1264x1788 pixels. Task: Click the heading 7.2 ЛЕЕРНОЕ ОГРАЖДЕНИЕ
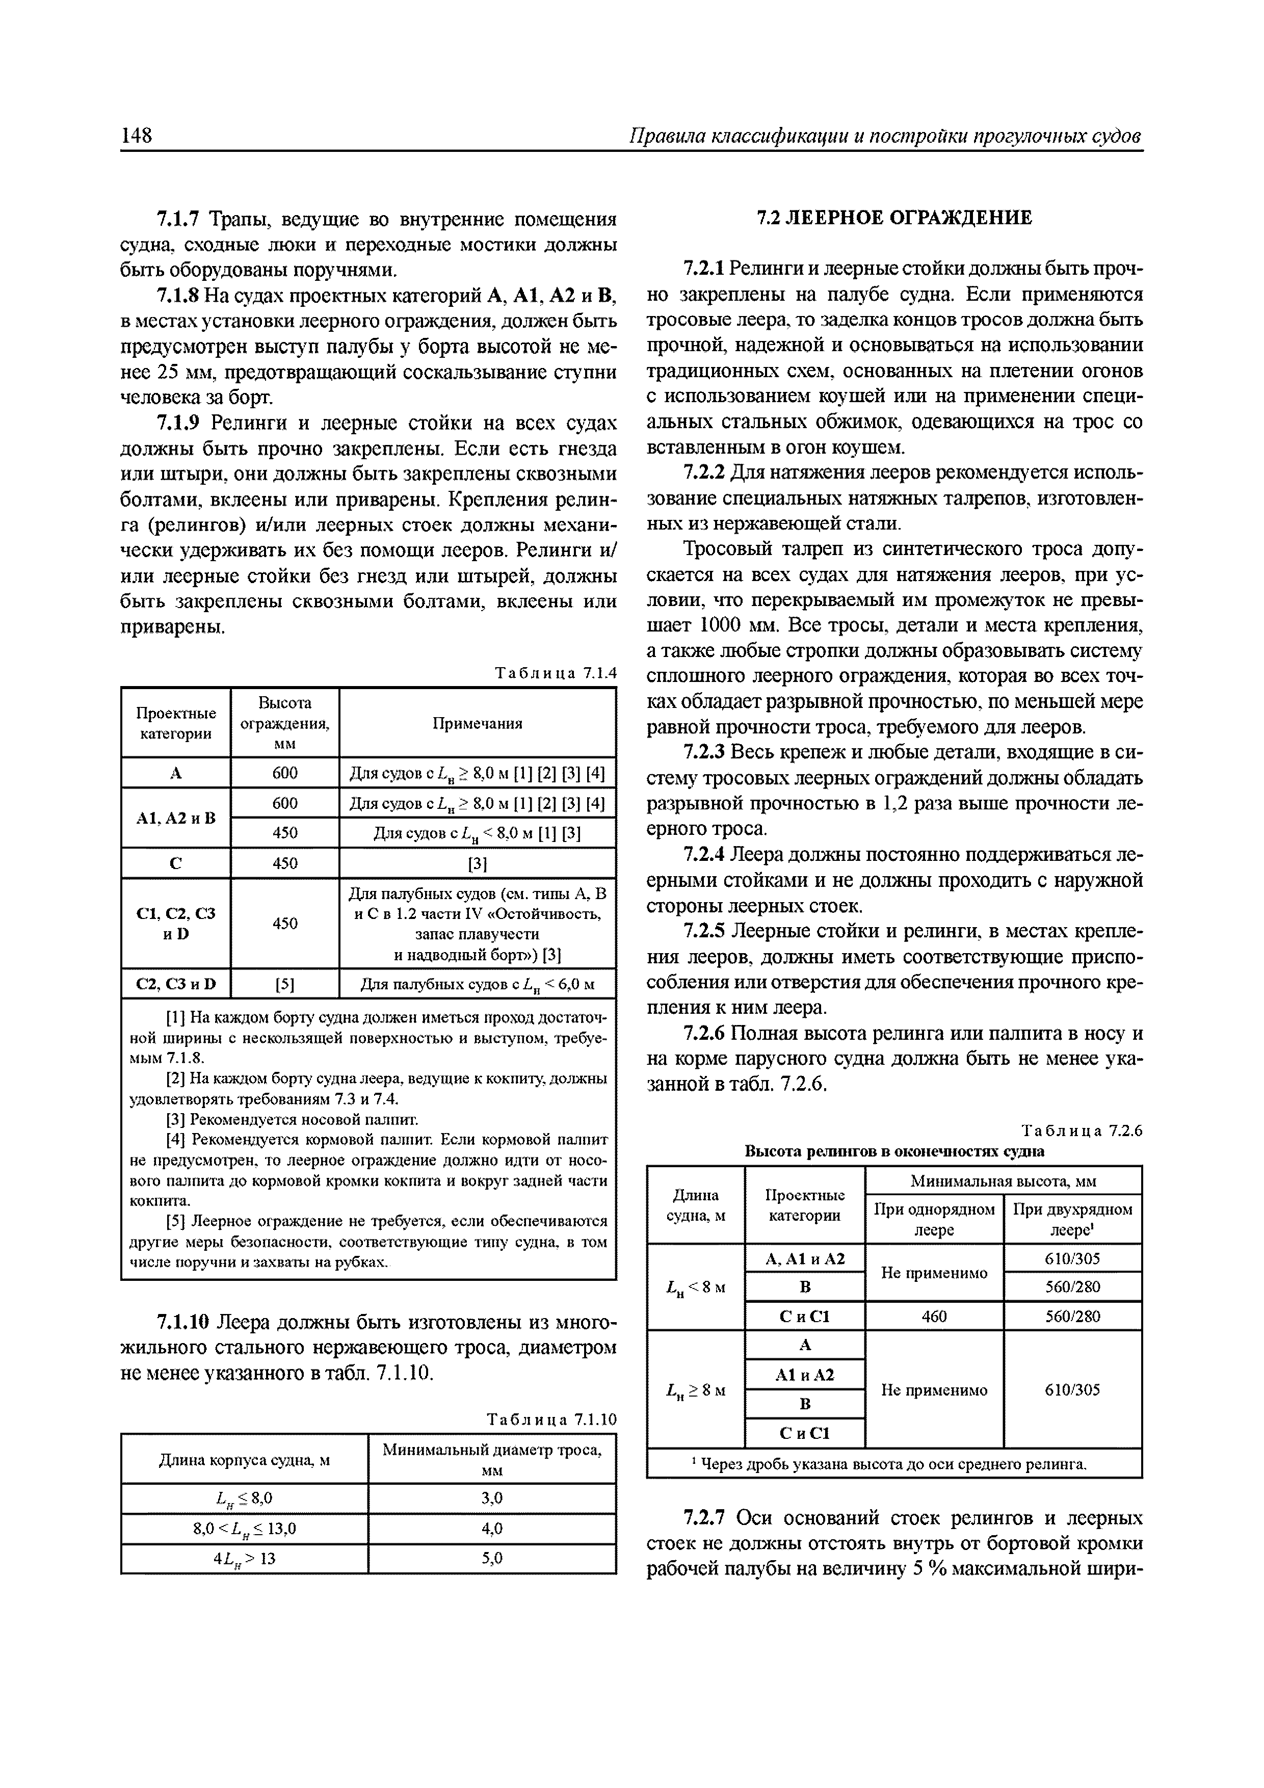pyautogui.click(x=895, y=218)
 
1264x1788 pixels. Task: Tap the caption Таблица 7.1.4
pyautogui.click(x=555, y=674)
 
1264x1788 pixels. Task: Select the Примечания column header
pyautogui.click(x=478, y=723)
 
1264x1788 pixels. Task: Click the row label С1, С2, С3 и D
pyautogui.click(x=176, y=923)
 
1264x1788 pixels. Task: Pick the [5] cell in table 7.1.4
pyautogui.click(x=285, y=984)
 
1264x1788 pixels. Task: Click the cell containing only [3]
pyautogui.click(x=478, y=863)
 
